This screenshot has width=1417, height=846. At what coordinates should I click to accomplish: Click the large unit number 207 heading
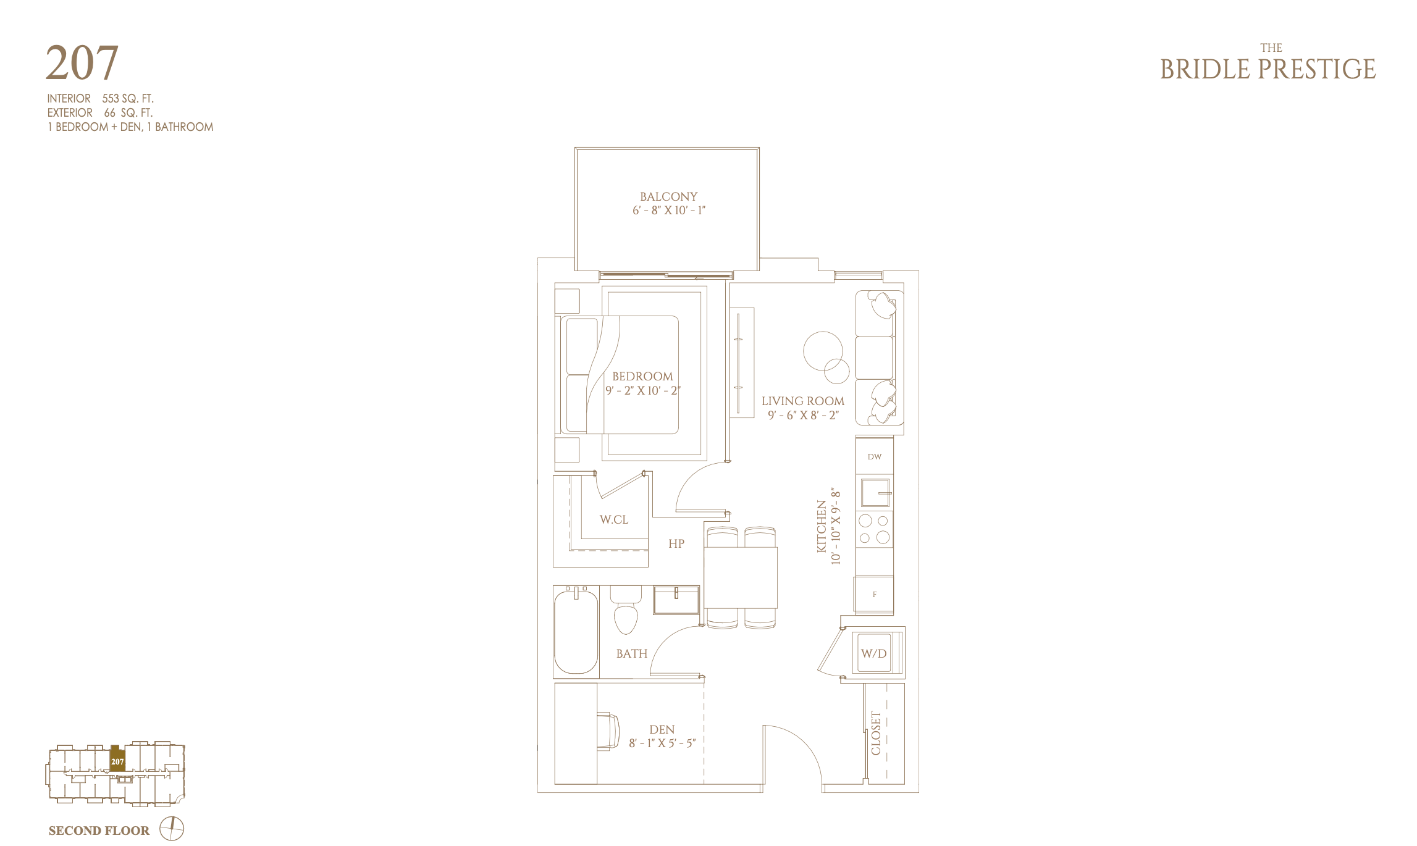pos(82,63)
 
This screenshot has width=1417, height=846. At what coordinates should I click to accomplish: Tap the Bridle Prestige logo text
pos(1268,64)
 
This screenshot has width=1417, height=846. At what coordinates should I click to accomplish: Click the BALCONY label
pos(668,196)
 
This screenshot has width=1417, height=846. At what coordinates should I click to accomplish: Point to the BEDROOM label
pos(642,376)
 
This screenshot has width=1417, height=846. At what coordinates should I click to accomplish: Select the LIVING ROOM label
pos(803,401)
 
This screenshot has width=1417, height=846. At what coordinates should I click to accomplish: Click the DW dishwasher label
pos(874,457)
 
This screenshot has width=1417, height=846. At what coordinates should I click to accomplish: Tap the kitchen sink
pos(875,493)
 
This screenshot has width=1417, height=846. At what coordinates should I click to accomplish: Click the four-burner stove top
pos(874,529)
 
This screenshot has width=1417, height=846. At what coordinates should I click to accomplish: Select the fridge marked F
pos(874,595)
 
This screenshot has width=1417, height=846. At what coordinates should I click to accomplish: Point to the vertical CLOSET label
pos(876,733)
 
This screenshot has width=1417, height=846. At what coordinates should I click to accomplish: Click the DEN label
pos(662,729)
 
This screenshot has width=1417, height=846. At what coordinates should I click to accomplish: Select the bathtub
pos(576,632)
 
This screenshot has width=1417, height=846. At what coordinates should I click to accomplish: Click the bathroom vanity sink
pos(676,600)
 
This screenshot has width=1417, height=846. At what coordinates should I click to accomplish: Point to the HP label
pos(676,543)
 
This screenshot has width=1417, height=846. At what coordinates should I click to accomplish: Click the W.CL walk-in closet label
pos(614,519)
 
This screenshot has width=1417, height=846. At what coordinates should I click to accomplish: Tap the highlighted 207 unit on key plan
pos(117,759)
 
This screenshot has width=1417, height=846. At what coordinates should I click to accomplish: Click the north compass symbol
pos(172,829)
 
